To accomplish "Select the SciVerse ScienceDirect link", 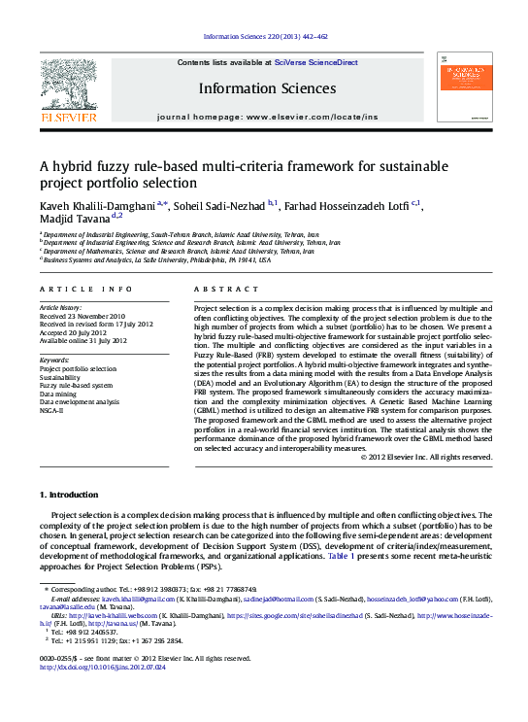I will [x=315, y=62].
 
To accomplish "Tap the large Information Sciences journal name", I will [x=267, y=88].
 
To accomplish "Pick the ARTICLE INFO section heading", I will [x=85, y=290].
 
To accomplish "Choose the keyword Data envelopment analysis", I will [x=79, y=401].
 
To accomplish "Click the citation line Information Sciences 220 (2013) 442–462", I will [x=265, y=38].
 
